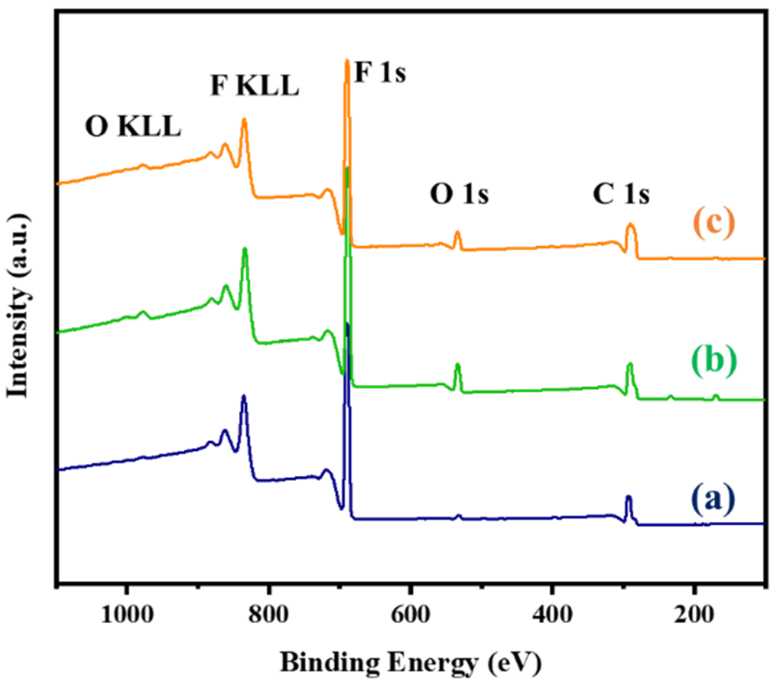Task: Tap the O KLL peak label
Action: coord(133,128)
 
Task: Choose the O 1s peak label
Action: coord(459,195)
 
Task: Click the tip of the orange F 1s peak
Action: coord(347,61)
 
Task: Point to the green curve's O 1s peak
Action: coord(457,365)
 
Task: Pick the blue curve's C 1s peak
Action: coord(628,497)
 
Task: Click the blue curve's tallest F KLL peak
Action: coord(244,397)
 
